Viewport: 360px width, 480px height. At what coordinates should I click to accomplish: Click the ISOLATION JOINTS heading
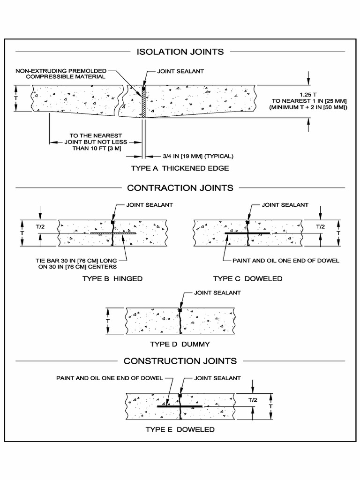(x=180, y=52)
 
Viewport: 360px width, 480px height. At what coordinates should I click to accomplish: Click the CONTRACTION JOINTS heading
(x=180, y=188)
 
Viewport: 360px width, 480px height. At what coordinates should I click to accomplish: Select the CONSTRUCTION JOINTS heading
(x=180, y=361)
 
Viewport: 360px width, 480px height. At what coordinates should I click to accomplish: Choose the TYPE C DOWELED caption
(x=247, y=278)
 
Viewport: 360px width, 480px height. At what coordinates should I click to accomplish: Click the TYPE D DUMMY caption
(x=180, y=344)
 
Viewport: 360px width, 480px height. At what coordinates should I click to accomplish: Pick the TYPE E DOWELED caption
(x=180, y=429)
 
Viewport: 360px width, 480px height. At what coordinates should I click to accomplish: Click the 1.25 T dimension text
(x=308, y=94)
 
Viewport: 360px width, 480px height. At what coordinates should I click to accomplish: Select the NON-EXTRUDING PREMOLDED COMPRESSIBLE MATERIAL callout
(x=61, y=74)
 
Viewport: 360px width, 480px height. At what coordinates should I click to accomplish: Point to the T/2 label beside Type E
(x=253, y=400)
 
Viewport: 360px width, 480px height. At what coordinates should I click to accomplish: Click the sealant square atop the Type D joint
(x=180, y=310)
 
